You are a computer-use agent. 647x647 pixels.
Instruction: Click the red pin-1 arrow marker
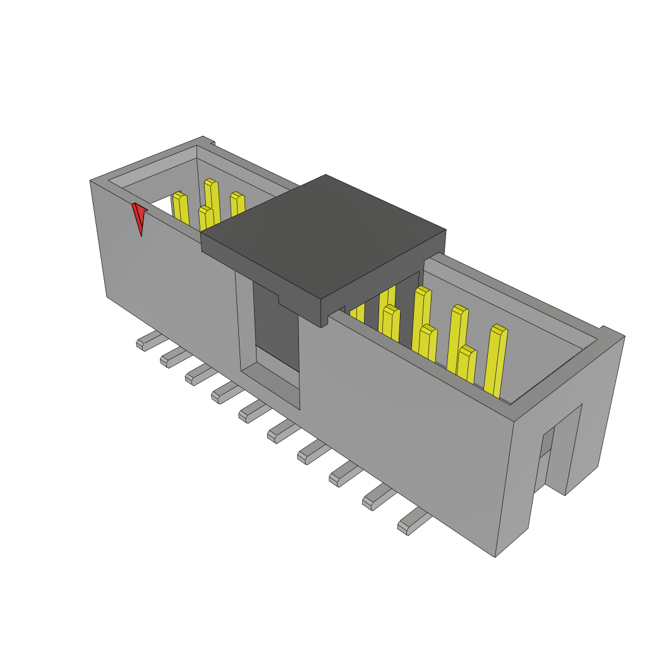[139, 217]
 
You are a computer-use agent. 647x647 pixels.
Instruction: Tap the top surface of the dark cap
[322, 231]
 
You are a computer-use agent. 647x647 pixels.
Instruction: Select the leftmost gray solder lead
[147, 342]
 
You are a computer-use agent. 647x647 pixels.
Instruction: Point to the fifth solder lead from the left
[252, 411]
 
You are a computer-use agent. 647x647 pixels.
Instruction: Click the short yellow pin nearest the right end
[467, 364]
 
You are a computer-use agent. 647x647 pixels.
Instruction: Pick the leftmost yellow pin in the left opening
[181, 209]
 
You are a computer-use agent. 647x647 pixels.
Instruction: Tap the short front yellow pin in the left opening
[206, 219]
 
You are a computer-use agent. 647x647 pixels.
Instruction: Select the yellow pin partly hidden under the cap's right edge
[358, 312]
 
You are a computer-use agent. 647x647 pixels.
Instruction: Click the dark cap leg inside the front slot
[275, 322]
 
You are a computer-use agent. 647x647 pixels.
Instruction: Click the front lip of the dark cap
[265, 265]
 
